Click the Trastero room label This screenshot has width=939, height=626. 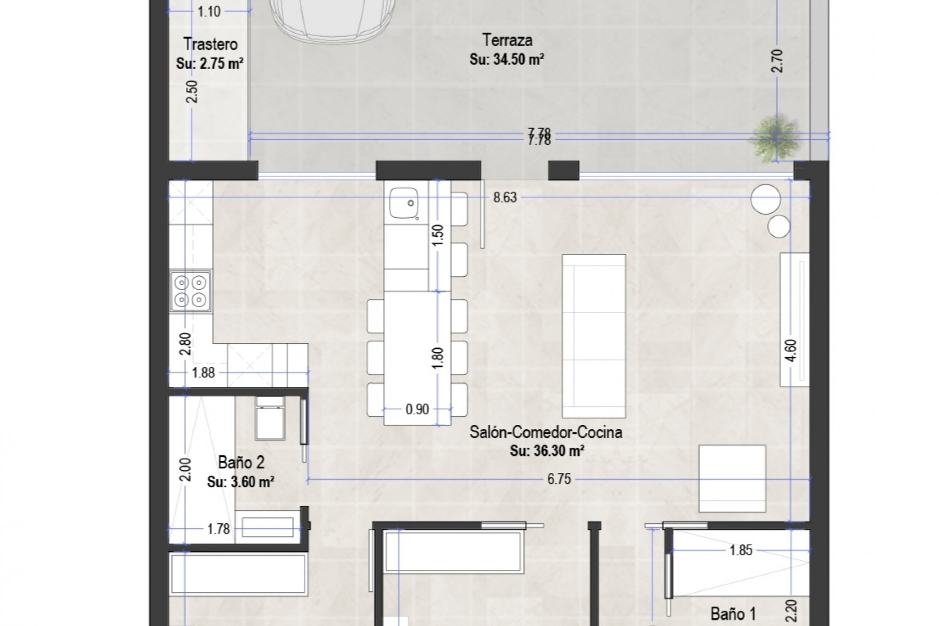point(210,45)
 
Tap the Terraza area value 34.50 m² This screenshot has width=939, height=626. point(507,60)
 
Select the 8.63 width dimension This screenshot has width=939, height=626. point(505,198)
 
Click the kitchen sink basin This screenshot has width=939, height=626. point(403,204)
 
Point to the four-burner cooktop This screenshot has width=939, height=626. point(191,291)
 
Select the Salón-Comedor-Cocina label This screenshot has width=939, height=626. point(546,432)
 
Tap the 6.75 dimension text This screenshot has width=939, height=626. point(559,479)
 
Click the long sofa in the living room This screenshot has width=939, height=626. point(594,335)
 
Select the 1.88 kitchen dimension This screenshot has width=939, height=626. point(203,373)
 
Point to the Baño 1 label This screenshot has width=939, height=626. point(733,614)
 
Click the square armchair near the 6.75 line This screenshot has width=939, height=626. point(732,478)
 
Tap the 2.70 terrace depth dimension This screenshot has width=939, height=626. point(778,61)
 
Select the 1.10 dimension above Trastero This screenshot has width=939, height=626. point(209,11)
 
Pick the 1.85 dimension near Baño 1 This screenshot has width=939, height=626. point(740,551)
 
